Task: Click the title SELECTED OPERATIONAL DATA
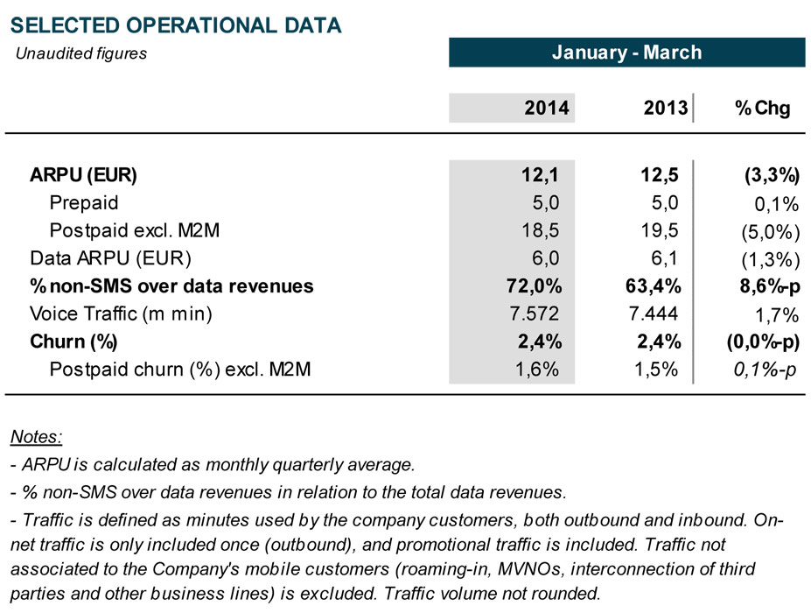(175, 25)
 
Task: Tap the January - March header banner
(626, 53)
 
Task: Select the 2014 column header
(547, 109)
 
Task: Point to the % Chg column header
(762, 109)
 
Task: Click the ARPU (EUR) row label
(83, 175)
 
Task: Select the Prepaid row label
(84, 203)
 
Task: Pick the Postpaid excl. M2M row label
(135, 231)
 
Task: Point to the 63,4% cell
(649, 286)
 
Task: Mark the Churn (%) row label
(73, 342)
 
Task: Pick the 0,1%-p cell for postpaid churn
(765, 370)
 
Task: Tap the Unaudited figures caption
(81, 53)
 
